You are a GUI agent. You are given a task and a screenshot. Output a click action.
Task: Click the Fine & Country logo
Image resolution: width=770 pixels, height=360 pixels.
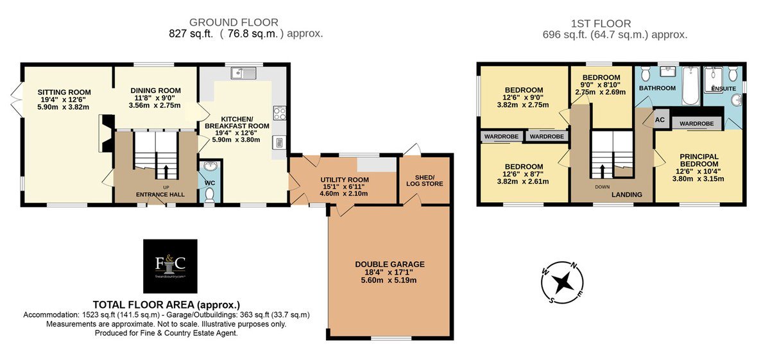[x=170, y=266]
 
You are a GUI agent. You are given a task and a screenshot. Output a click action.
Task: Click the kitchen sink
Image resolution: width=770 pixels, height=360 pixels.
[x=244, y=73]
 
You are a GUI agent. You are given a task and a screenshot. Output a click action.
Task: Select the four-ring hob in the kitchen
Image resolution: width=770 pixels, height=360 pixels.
[x=280, y=113]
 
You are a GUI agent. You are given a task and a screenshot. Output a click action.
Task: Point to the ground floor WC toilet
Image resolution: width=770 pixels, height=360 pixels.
[x=209, y=195]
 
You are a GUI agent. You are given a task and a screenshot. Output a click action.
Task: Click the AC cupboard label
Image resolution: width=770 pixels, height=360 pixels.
[x=660, y=119]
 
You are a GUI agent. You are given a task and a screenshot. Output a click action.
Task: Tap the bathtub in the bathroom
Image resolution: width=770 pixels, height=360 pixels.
[x=691, y=85]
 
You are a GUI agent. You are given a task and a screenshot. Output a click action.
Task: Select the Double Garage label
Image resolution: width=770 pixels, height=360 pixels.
[x=389, y=264]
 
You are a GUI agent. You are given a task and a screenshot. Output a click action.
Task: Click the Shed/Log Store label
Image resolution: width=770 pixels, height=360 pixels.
[x=425, y=180]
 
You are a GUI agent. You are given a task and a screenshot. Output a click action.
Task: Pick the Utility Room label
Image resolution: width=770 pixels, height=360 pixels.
[x=345, y=180]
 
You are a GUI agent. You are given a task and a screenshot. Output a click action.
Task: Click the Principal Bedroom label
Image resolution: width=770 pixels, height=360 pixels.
[x=699, y=160]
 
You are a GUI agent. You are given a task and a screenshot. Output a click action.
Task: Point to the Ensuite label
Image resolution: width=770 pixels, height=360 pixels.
[x=723, y=89]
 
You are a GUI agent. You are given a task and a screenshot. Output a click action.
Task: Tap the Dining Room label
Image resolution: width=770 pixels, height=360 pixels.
[x=155, y=90]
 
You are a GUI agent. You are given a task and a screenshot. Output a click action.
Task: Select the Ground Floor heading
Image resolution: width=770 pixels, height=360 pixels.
[x=234, y=22]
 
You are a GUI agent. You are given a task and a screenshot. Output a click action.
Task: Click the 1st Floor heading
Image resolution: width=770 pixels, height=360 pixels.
[x=601, y=23]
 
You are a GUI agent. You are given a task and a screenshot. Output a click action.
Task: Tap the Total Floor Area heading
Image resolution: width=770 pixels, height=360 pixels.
[x=166, y=305]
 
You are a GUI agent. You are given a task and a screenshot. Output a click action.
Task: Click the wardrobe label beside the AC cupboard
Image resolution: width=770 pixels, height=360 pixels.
[x=696, y=123]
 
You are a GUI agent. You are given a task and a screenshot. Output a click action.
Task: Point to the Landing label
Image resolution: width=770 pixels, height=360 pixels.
[x=627, y=194]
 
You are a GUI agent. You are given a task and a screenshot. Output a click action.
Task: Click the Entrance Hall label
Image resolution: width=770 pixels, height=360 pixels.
[x=160, y=194]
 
